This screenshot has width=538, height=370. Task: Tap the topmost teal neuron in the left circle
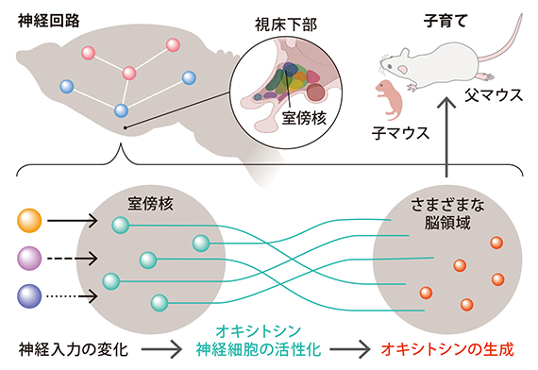tap(120, 225)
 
